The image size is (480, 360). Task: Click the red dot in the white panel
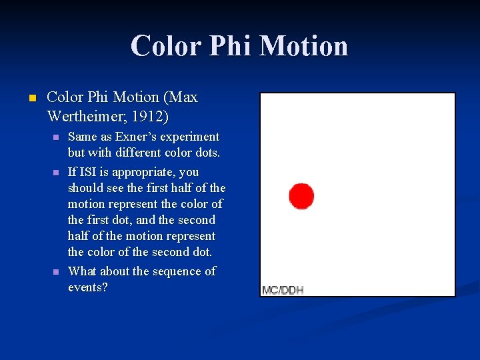click(x=301, y=195)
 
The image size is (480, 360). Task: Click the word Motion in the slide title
click(x=303, y=46)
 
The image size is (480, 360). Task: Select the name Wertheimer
click(x=85, y=117)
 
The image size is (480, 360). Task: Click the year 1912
click(x=149, y=117)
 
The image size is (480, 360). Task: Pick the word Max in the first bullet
click(x=183, y=97)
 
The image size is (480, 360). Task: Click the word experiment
click(x=193, y=137)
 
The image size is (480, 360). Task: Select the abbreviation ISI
click(x=90, y=172)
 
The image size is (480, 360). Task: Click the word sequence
click(x=175, y=271)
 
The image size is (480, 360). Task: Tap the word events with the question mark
click(x=88, y=287)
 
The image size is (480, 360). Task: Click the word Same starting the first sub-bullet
click(x=83, y=137)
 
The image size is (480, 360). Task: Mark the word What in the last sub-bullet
click(x=83, y=271)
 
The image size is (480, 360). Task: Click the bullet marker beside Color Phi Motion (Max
click(x=29, y=98)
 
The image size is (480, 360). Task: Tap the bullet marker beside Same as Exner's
click(x=56, y=137)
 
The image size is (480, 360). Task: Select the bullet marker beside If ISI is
click(x=56, y=173)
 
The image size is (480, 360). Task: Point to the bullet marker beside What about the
click(x=56, y=272)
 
